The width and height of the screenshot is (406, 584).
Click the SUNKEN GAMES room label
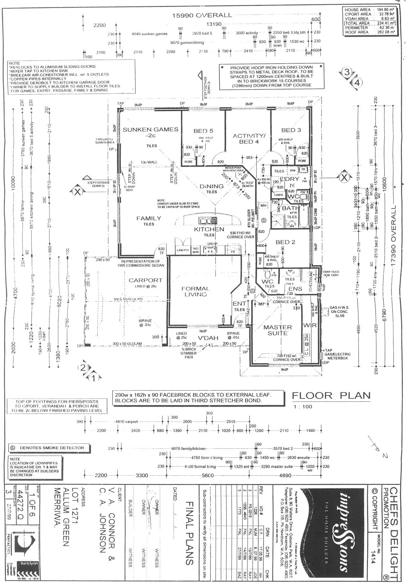150,130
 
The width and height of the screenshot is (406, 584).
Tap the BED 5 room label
203,131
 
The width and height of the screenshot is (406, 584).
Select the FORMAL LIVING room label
196,291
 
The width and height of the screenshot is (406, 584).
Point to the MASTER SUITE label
277,330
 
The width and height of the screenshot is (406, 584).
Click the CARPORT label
146,280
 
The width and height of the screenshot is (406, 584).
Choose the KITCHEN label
209,229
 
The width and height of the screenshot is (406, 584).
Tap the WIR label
310,325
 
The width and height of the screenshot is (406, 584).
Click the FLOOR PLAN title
331,396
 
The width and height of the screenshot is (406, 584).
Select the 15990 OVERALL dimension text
202,15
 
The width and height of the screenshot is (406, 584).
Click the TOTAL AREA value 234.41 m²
386,23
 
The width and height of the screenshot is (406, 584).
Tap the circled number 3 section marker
347,72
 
